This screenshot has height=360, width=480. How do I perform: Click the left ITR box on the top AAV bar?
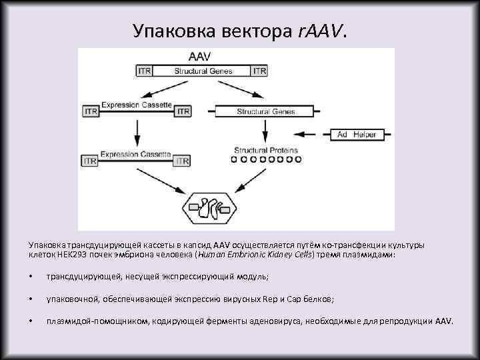(144, 70)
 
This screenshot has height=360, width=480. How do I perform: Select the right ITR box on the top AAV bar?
(260, 70)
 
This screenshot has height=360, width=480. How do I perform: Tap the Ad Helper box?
(356, 135)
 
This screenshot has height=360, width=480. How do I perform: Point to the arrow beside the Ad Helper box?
(313, 135)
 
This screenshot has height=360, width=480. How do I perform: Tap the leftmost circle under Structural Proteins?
(235, 160)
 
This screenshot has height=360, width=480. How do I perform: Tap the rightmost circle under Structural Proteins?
(298, 160)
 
